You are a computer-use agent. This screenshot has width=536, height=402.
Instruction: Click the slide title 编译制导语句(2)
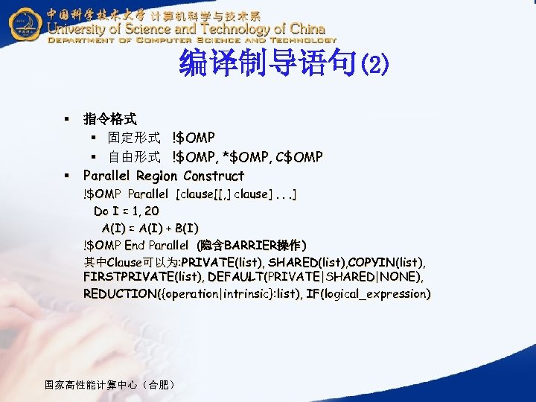click(x=284, y=66)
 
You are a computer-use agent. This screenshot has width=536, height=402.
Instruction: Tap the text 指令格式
click(x=109, y=119)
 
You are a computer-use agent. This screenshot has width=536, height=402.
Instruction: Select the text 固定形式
click(x=134, y=138)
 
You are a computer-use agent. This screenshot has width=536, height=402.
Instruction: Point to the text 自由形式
click(x=134, y=157)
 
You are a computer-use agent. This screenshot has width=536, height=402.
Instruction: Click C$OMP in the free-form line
click(x=299, y=157)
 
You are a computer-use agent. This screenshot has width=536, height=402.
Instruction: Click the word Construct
click(x=214, y=176)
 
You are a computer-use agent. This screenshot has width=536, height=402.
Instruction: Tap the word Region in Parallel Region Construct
click(x=156, y=176)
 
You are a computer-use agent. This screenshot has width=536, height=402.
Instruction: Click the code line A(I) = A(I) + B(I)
click(x=150, y=228)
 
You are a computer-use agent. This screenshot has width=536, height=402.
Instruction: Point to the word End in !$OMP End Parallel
click(x=135, y=245)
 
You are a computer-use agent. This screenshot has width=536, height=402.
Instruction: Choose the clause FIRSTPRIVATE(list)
click(x=143, y=277)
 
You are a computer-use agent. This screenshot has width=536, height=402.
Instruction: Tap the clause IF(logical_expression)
click(x=368, y=294)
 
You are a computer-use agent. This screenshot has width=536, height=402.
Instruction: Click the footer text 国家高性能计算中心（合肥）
click(x=111, y=385)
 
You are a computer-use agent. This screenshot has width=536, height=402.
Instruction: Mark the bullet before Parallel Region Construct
click(x=66, y=176)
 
